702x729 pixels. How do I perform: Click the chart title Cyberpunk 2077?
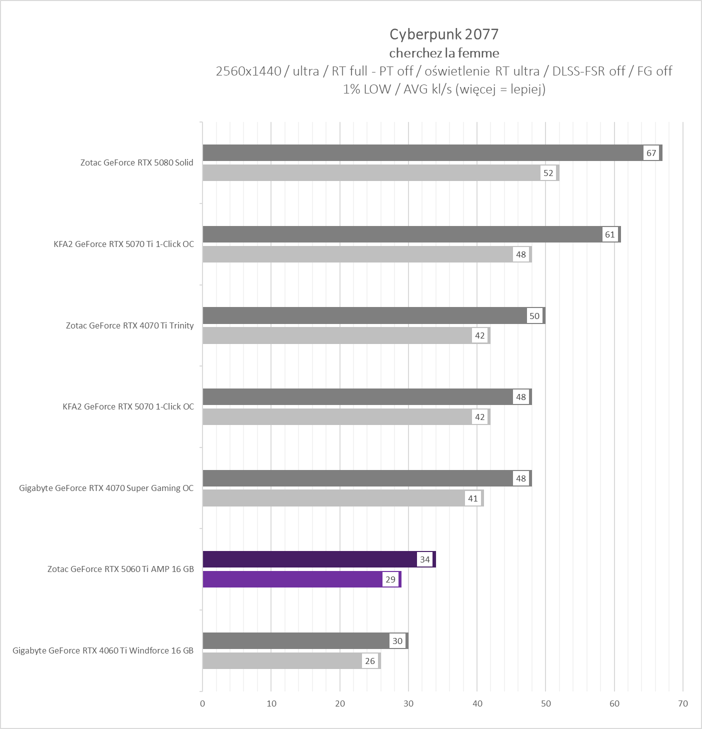pos(444,34)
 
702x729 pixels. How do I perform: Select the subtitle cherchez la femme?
pos(444,53)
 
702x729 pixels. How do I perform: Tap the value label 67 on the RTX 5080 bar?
pos(651,153)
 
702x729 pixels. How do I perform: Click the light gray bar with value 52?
pos(370,173)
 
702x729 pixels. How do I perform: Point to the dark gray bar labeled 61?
pos(400,234)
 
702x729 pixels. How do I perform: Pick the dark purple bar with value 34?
pos(310,559)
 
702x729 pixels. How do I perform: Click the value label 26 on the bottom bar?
pos(370,661)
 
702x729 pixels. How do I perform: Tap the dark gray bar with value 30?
pos(295,640)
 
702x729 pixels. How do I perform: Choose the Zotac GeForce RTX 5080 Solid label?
pos(136,162)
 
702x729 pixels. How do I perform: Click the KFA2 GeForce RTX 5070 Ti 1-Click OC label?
pos(123,244)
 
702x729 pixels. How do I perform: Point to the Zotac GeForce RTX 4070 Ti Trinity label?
pos(129,325)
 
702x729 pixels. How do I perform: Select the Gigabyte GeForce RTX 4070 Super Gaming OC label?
pos(106,488)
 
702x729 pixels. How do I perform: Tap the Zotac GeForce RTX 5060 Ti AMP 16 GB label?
pos(120,569)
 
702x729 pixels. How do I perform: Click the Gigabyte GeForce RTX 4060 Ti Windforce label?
pos(103,650)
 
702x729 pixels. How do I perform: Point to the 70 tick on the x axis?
pos(683,703)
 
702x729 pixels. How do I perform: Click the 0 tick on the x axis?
pos(202,703)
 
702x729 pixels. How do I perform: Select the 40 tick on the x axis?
pos(477,703)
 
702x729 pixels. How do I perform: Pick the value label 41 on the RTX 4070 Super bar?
pos(473,498)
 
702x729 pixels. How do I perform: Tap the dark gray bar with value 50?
pos(365,315)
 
